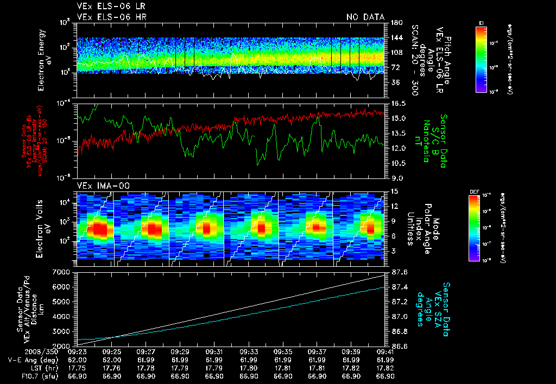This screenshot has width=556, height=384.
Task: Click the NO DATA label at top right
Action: (365, 17)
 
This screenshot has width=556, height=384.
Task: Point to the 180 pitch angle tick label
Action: (395, 22)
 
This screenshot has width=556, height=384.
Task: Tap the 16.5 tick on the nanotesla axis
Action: (396, 103)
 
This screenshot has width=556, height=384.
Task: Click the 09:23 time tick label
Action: (78, 351)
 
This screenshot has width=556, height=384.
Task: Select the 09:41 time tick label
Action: (385, 351)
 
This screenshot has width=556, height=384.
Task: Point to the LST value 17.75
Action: (78, 368)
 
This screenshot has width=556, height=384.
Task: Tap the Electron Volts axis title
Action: (41, 226)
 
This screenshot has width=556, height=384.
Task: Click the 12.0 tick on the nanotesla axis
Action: (396, 148)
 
